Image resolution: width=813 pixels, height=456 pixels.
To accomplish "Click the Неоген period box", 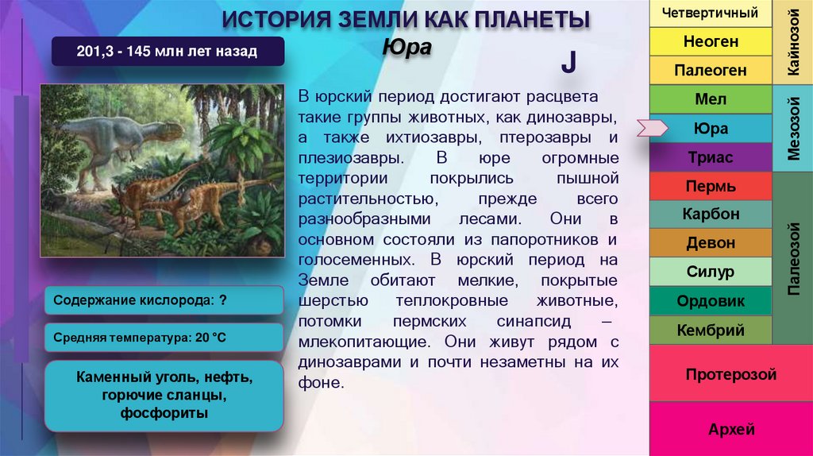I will [x=711, y=41].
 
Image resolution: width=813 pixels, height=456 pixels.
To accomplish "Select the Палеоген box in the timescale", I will [x=711, y=70].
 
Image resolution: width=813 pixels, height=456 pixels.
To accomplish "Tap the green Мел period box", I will [x=711, y=99].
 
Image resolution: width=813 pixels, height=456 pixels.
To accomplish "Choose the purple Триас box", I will [x=711, y=157].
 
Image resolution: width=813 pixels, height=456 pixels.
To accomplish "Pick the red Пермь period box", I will [x=711, y=187].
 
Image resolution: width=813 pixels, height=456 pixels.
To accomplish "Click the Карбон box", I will [x=711, y=214].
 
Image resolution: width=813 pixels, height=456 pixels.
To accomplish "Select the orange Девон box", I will [x=711, y=243].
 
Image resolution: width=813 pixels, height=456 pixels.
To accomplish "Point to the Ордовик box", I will [x=711, y=301].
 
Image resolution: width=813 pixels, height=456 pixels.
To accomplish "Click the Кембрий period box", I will [x=711, y=330].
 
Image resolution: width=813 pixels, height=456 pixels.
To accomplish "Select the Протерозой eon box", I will [x=730, y=374].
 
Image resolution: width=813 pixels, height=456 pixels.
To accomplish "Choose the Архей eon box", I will [x=730, y=430].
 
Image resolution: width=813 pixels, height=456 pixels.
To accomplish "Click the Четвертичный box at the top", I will [x=711, y=13].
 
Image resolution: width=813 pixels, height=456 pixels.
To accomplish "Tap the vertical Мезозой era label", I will [x=792, y=129].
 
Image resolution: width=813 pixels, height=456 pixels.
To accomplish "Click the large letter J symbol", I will [x=568, y=64].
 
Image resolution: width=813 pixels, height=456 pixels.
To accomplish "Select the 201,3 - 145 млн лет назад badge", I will [x=167, y=52].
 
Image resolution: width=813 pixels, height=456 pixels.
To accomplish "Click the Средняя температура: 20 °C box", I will [x=164, y=338].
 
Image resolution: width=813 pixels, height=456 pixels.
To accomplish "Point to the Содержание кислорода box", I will [x=164, y=301].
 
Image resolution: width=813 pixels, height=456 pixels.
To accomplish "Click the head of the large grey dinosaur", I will [x=171, y=129].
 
